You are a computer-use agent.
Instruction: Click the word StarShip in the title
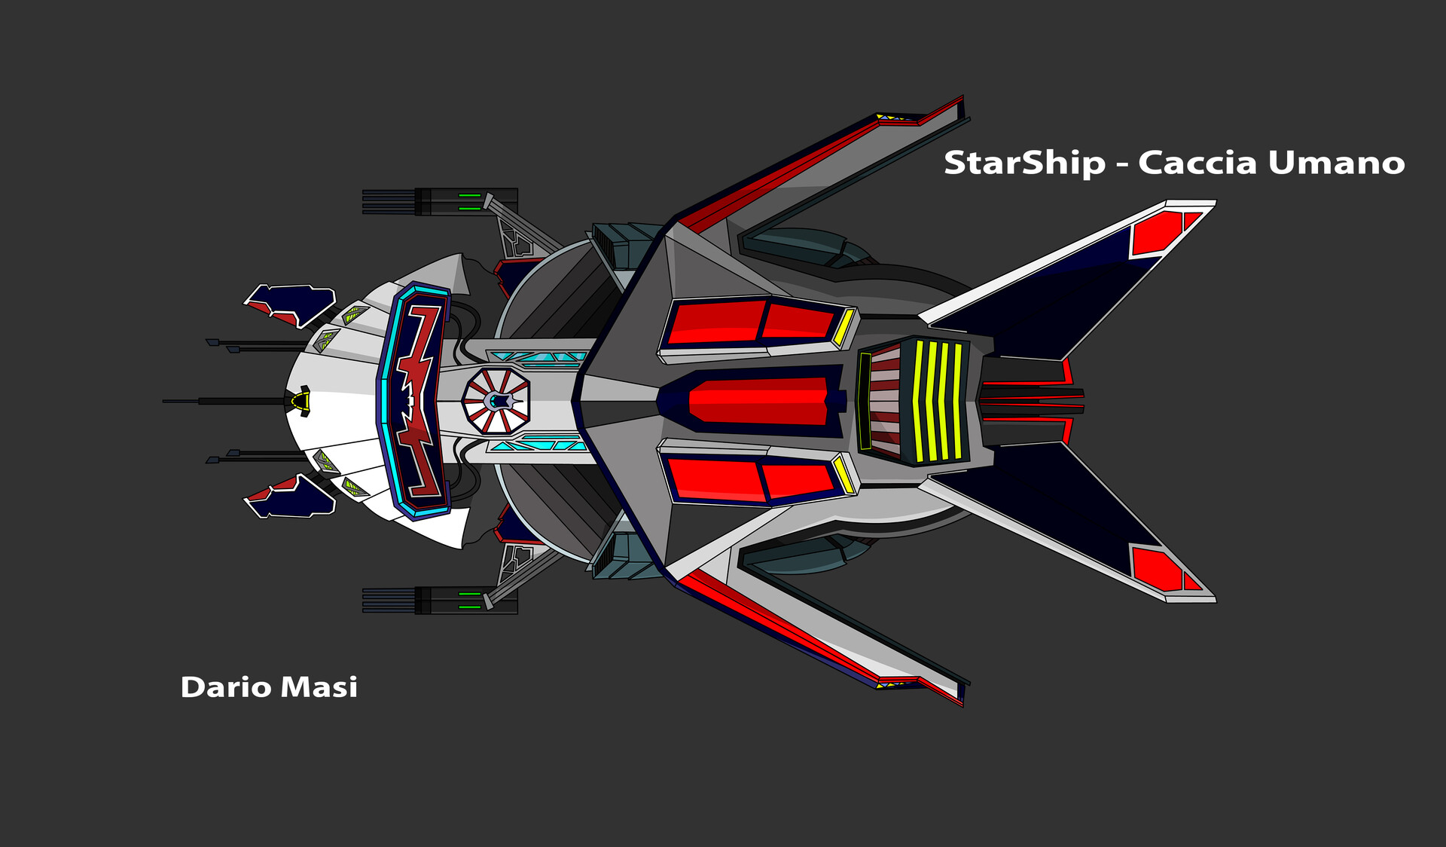pyautogui.click(x=1024, y=163)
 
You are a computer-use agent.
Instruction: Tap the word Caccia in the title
pyautogui.click(x=1197, y=163)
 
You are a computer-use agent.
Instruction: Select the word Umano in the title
pyautogui.click(x=1336, y=163)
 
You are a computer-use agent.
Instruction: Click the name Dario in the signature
pyautogui.click(x=226, y=687)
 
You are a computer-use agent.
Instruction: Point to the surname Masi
pyautogui.click(x=319, y=687)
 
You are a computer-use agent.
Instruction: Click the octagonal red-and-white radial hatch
pyautogui.click(x=496, y=401)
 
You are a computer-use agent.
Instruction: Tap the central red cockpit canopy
pyautogui.click(x=757, y=401)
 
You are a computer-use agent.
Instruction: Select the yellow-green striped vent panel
pyautogui.click(x=938, y=401)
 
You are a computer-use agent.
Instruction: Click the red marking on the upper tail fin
pyautogui.click(x=1160, y=232)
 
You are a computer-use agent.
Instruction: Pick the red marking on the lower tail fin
pyautogui.click(x=1160, y=569)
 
